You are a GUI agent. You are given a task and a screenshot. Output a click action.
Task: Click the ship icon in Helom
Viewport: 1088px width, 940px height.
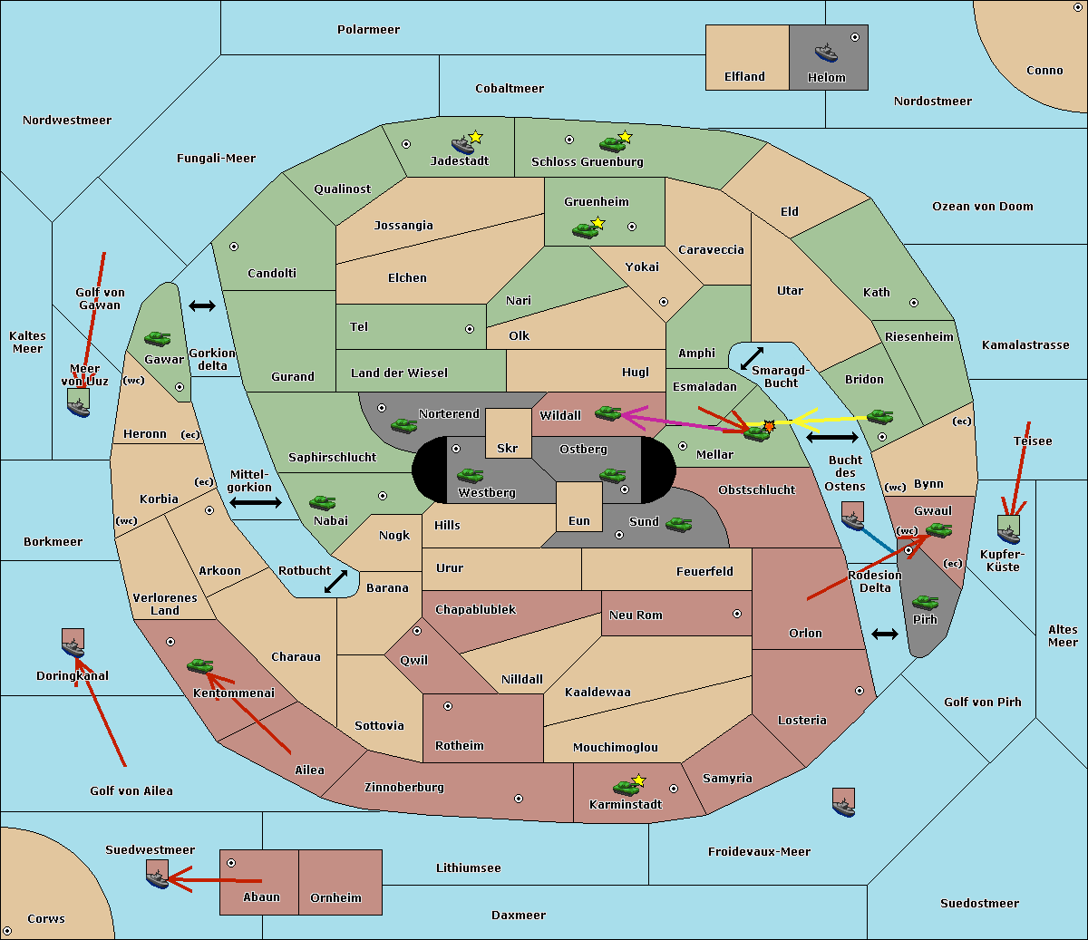click(x=826, y=53)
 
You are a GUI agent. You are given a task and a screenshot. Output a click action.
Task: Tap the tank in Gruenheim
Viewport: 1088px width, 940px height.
click(x=586, y=230)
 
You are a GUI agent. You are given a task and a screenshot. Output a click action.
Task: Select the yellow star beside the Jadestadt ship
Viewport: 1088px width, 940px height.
click(x=475, y=137)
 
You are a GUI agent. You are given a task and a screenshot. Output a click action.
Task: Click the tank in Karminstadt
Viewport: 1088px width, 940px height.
click(x=627, y=788)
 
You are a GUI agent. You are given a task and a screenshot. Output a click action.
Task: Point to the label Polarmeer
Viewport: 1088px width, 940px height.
click(x=368, y=30)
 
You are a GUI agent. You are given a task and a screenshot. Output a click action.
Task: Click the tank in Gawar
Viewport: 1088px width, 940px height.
click(x=158, y=339)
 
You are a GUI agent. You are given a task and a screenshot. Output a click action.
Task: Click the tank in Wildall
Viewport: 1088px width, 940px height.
click(x=608, y=413)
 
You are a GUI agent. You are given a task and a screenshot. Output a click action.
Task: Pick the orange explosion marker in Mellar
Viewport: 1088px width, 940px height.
click(x=769, y=426)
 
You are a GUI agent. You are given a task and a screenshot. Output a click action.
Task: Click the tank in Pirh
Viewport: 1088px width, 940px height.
click(x=926, y=602)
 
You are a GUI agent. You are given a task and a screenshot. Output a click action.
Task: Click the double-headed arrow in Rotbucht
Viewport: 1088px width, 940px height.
click(x=335, y=582)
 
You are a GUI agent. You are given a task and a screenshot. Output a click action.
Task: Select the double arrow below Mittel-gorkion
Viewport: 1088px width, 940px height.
click(x=256, y=502)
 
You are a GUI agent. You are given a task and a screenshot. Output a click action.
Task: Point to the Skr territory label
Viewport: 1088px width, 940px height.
click(x=508, y=448)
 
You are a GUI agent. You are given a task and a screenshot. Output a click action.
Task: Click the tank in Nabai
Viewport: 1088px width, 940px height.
click(x=322, y=502)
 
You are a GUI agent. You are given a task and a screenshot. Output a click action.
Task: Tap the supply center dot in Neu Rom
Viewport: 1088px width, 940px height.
click(x=737, y=614)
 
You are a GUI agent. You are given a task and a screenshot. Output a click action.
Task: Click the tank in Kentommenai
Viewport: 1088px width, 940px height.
click(x=200, y=666)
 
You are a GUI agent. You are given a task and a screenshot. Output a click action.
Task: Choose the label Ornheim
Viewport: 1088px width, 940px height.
click(x=335, y=897)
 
